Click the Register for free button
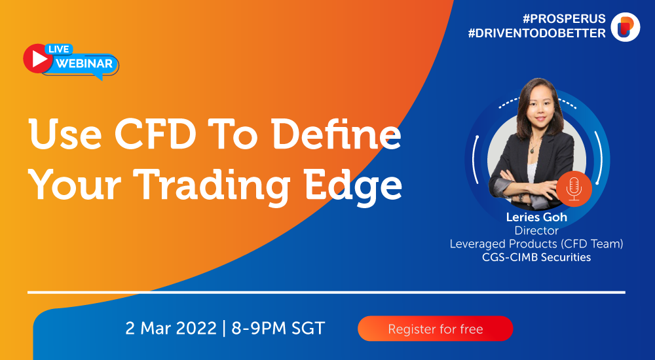point(436,329)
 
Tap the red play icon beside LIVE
point(38,58)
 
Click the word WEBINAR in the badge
point(84,63)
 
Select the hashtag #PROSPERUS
point(564,19)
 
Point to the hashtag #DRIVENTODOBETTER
point(537,33)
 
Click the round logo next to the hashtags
point(626,27)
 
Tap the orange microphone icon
point(574,189)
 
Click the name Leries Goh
point(536,217)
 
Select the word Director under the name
point(536,230)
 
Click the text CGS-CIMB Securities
point(536,257)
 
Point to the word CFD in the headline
point(155,134)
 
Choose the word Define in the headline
point(336,134)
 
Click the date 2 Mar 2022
point(171,329)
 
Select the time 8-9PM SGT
point(278,329)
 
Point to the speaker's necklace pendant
point(532,149)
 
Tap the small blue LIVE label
point(58,49)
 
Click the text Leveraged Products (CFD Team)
point(536,244)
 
